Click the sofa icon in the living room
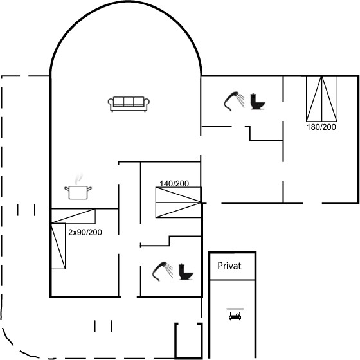(x=129, y=104)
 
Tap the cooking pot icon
(x=78, y=192)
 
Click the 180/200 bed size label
(x=321, y=127)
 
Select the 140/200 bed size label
(x=174, y=183)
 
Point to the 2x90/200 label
(x=85, y=232)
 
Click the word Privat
(x=229, y=266)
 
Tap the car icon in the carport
(x=235, y=316)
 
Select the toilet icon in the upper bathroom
(x=258, y=101)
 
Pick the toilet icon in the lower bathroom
(x=186, y=271)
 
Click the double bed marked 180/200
(x=321, y=99)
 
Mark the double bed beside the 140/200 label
(x=179, y=203)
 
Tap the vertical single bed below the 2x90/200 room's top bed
(x=58, y=246)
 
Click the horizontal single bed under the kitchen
(x=73, y=216)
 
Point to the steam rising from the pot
(x=78, y=179)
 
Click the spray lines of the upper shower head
(x=241, y=100)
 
